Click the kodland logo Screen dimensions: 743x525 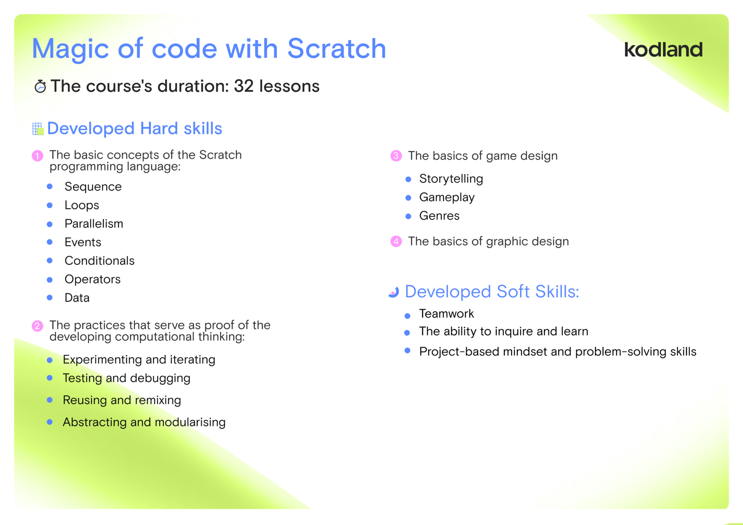[663, 50]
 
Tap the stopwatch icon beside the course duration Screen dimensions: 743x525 [40, 86]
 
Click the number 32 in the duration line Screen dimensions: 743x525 [244, 86]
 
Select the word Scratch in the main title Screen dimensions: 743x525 [336, 48]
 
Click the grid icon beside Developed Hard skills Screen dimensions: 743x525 [38, 129]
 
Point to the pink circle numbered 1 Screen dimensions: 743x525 [38, 156]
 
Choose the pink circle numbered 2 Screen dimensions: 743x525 [38, 326]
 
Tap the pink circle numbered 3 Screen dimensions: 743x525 [396, 156]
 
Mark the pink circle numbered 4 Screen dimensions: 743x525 [396, 241]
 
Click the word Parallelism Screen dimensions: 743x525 [94, 223]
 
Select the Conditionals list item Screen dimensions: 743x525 [100, 261]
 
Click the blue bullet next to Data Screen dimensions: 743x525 [50, 298]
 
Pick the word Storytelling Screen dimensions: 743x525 [451, 179]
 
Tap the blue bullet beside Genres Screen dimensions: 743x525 [408, 216]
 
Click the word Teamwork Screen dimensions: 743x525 [447, 314]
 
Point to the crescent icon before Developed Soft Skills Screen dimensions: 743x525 [394, 292]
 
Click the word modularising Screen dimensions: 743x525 [190, 422]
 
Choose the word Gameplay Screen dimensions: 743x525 [447, 197]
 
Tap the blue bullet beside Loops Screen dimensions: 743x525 [50, 205]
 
